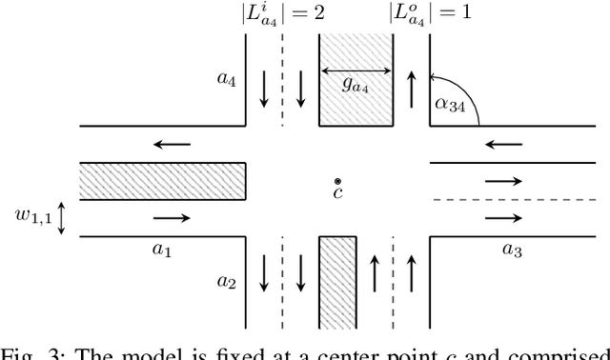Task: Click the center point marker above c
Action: tap(337, 181)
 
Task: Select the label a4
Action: tap(227, 81)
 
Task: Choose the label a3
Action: tap(513, 250)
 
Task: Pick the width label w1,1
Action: tap(30, 217)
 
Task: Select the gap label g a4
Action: tap(356, 84)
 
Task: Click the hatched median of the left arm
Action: tap(162, 181)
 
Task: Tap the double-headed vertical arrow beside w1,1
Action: tap(62, 217)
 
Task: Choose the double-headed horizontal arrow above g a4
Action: tap(356, 69)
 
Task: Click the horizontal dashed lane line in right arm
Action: tap(519, 199)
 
